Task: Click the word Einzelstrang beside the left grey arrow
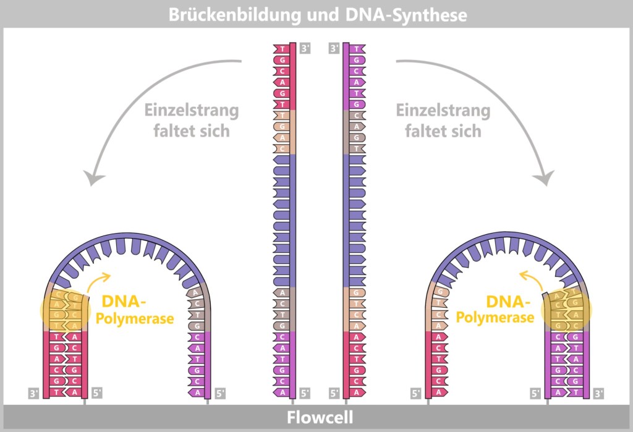tap(191, 111)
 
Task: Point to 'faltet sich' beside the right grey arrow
tap(443, 131)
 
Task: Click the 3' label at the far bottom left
tap(35, 392)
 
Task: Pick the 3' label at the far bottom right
tap(598, 392)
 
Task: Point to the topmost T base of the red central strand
tap(283, 49)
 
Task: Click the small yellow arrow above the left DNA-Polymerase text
tap(103, 280)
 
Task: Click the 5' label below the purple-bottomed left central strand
tap(305, 392)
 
